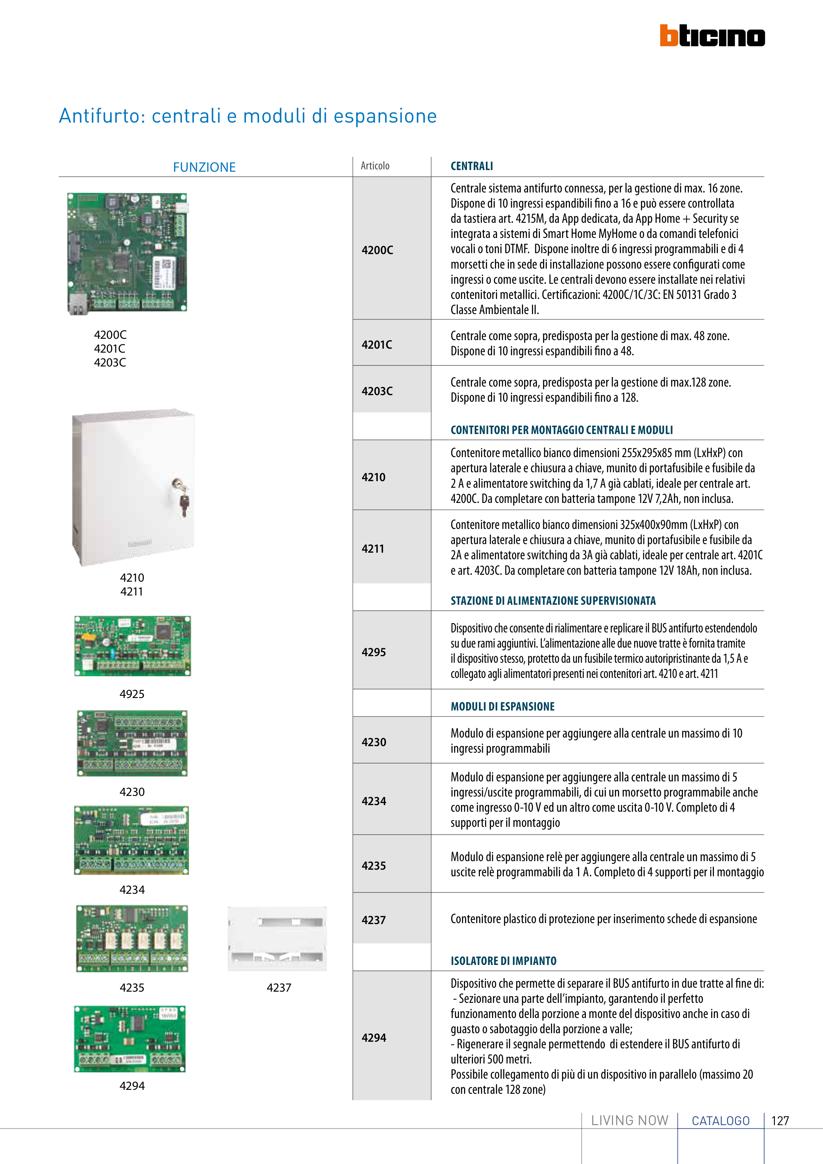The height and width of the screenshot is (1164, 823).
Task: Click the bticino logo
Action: (712, 36)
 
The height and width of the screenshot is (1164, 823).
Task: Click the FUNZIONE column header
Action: (204, 167)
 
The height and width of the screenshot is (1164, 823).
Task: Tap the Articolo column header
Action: (375, 166)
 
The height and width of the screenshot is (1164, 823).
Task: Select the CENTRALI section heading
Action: (472, 166)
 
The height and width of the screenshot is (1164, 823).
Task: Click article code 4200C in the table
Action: (377, 250)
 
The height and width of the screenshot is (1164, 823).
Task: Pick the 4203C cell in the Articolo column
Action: (377, 391)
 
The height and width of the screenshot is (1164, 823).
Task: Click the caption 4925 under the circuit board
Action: (132, 694)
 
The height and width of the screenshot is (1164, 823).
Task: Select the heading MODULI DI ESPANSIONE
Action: (503, 706)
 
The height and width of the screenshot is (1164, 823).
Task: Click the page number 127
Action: (780, 1121)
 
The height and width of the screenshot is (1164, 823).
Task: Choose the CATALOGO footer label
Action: (720, 1121)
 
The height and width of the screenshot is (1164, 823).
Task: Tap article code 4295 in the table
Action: (374, 653)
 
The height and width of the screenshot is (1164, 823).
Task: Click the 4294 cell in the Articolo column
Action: (374, 1038)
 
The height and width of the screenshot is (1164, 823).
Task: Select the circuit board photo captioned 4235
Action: (132, 938)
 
